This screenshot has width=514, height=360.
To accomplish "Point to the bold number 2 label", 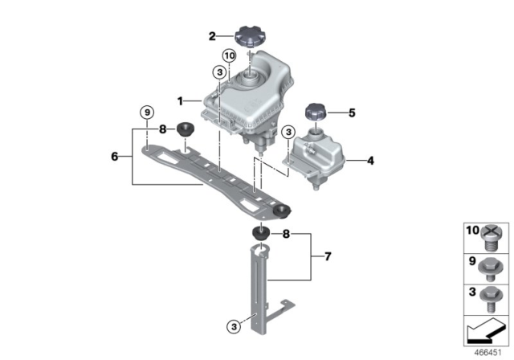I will (212, 35).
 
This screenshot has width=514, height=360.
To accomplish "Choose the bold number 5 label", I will (351, 112).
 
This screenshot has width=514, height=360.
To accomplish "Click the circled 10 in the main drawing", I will (228, 55).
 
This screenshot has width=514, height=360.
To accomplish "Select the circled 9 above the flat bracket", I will (146, 112).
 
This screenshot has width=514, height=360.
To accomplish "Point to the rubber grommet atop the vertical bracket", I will (260, 233).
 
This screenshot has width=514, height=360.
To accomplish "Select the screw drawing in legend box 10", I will (492, 235).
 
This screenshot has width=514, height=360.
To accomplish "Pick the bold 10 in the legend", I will (472, 230).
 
